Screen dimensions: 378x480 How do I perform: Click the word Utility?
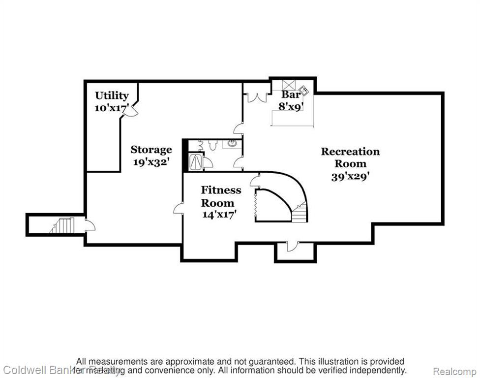coord(112,95)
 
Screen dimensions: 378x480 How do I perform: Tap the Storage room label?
coord(151,150)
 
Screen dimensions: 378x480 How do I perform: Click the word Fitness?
coord(221,190)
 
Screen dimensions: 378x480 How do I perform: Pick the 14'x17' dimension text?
coord(219,214)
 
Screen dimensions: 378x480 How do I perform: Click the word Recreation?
coord(350,152)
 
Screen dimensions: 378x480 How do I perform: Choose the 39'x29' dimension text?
coord(350,176)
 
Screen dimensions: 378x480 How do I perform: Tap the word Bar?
coord(291,94)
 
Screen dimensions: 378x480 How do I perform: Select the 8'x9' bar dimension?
coord(291,106)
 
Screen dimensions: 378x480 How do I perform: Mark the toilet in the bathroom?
coord(212,145)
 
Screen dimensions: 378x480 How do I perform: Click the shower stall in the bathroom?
coord(196,161)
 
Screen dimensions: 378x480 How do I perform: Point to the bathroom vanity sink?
coord(231,144)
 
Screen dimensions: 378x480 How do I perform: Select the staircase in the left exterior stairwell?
coord(63,225)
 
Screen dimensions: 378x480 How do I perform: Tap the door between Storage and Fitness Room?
coord(179,209)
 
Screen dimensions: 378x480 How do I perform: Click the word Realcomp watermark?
coord(458,370)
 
